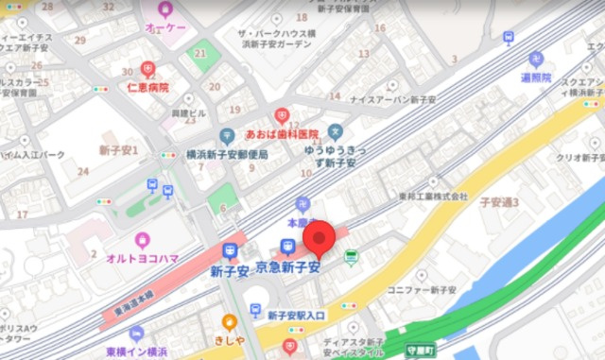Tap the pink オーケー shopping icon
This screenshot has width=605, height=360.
point(165,10)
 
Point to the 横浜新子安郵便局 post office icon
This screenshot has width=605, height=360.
point(227,137)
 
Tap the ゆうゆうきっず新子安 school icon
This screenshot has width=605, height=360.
point(335,131)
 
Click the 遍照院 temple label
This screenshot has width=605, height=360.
point(535,77)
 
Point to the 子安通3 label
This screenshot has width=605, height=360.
point(499,202)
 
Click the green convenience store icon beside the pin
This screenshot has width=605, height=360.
point(352,256)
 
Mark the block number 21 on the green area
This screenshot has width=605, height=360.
point(200,53)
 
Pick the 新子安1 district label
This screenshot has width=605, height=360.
point(119,150)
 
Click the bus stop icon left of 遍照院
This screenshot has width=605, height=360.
point(509,38)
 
